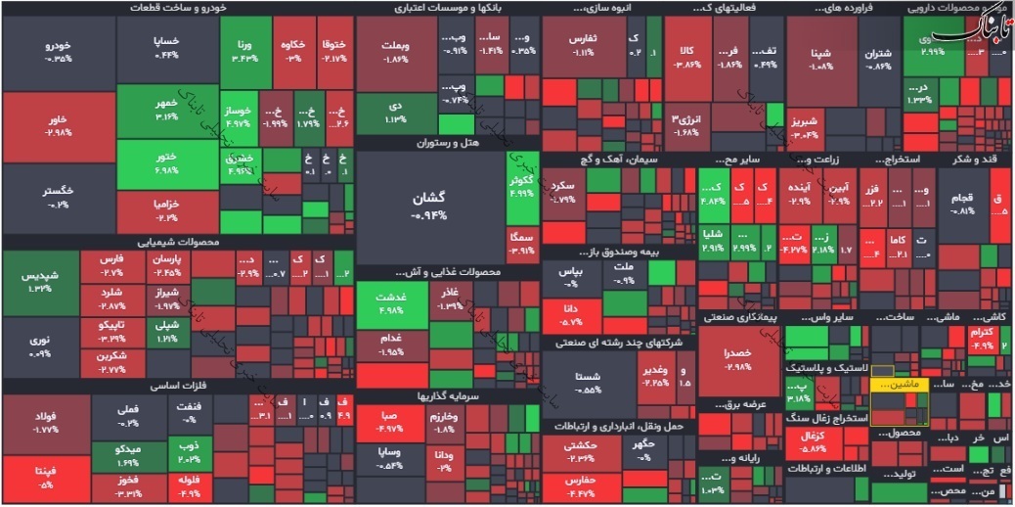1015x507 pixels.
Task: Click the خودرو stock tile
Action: (x=59, y=51)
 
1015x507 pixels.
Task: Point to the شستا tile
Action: (x=589, y=382)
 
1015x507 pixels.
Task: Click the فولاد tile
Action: (x=46, y=422)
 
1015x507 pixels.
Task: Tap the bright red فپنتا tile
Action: (x=46, y=479)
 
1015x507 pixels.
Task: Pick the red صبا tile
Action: (x=388, y=421)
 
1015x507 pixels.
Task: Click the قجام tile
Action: (x=963, y=204)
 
